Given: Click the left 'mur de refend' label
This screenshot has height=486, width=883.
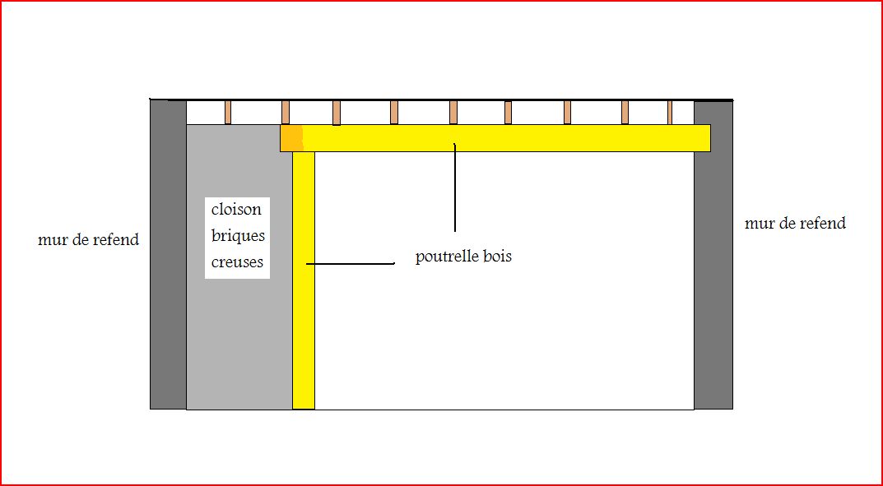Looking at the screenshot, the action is [88, 240].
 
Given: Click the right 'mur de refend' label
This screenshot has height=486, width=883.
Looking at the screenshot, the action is [795, 223].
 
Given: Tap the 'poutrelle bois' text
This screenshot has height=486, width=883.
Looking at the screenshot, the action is [463, 257].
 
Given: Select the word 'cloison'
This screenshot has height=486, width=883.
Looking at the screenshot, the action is [236, 209].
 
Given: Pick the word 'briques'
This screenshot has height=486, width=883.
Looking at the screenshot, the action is [238, 235].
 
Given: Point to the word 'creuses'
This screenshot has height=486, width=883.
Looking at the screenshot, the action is [237, 262].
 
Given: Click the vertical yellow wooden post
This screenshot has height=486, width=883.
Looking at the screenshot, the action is [304, 280].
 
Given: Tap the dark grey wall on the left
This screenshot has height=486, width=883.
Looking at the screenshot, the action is [168, 255].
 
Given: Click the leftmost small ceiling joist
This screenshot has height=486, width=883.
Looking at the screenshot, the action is [228, 112].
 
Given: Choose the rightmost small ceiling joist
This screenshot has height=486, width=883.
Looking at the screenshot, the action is [670, 112].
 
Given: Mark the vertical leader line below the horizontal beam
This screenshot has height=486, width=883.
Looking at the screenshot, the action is [454, 189].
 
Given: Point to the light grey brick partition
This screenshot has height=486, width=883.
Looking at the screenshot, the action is [239, 345].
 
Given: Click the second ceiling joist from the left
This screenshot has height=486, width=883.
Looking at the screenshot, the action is [286, 112].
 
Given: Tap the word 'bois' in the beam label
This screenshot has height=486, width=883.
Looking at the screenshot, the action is [497, 257].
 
